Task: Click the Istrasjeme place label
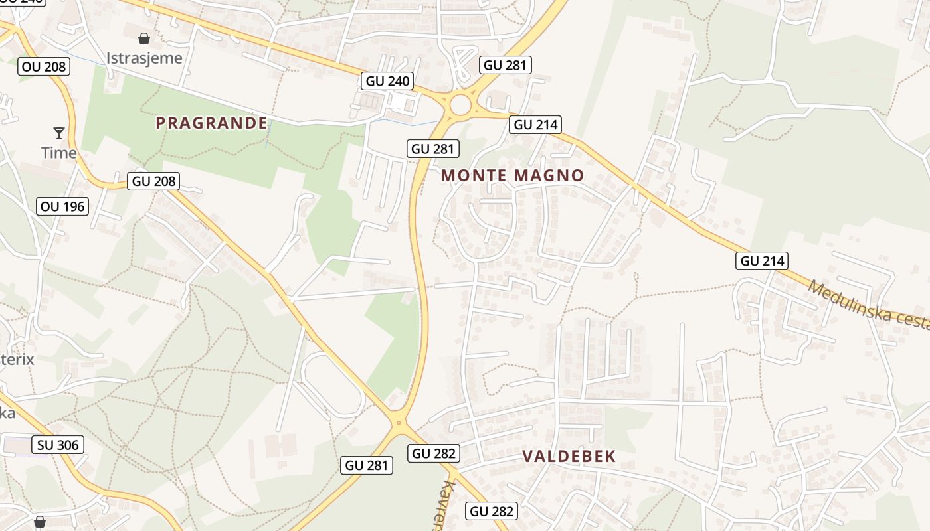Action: [x=144, y=58]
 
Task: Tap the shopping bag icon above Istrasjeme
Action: [x=143, y=38]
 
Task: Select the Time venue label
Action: [x=59, y=153]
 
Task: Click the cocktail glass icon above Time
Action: [x=59, y=133]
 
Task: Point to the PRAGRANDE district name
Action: [x=211, y=123]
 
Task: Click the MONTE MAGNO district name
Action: [x=512, y=175]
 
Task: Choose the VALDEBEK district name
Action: [x=569, y=456]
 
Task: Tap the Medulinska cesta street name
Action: [x=868, y=305]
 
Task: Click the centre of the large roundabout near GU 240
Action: [x=460, y=104]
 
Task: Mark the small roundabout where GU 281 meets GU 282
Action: [x=398, y=421]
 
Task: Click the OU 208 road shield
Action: [x=43, y=66]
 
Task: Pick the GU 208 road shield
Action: [x=153, y=181]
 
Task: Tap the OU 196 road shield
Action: [x=62, y=206]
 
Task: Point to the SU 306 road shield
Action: [x=58, y=445]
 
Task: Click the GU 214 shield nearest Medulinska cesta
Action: [x=762, y=261]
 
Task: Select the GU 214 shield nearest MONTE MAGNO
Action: [x=535, y=124]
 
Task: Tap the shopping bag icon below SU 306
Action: [x=40, y=522]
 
